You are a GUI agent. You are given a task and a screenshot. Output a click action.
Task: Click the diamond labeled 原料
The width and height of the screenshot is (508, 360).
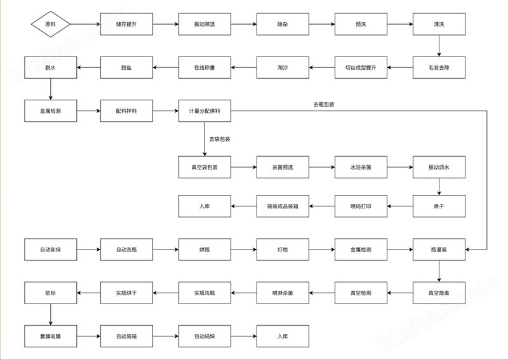(51, 24)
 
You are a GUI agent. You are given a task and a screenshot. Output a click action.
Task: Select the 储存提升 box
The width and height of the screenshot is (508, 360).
(126, 24)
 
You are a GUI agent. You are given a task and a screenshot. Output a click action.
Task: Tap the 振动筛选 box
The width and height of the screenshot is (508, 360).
(204, 24)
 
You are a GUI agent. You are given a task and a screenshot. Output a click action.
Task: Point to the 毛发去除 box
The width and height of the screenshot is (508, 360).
(439, 67)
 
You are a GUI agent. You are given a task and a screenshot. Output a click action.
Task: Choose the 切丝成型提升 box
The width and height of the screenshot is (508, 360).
(361, 67)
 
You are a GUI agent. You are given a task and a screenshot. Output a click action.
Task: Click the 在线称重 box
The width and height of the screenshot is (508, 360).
(204, 67)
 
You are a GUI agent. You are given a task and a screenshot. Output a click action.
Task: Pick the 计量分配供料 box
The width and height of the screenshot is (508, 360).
(204, 111)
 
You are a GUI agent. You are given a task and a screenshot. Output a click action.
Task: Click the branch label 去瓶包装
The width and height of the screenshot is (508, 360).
(324, 104)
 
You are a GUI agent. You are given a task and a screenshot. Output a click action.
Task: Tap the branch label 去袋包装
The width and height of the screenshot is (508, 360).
(220, 139)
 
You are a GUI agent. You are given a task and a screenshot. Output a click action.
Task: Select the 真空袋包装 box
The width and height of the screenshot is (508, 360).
(204, 167)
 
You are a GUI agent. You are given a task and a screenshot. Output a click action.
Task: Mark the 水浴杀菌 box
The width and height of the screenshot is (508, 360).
(361, 167)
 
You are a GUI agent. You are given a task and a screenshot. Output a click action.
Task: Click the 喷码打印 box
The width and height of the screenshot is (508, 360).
(361, 206)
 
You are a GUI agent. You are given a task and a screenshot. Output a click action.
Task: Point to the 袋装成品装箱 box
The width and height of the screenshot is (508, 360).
(283, 206)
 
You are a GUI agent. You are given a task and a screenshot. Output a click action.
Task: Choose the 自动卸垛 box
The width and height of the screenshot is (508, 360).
(51, 250)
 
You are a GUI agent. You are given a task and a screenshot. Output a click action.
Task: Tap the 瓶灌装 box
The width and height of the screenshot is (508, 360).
(439, 250)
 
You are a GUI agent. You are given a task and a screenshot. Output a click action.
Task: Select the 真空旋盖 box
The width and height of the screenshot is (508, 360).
(439, 293)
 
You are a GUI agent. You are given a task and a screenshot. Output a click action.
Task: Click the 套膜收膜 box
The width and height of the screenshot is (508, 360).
(51, 337)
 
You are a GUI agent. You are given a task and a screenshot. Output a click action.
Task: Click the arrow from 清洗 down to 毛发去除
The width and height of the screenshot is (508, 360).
(439, 46)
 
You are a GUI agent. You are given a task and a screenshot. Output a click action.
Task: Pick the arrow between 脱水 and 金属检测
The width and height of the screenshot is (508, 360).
(51, 89)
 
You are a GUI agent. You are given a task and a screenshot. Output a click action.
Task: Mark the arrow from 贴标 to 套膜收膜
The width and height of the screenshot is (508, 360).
(51, 315)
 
